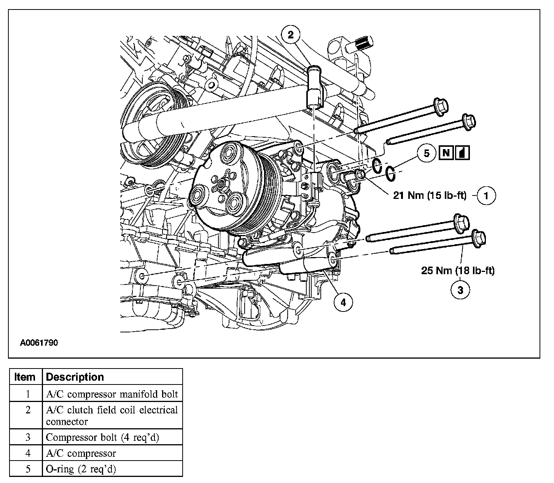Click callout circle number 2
[291, 35]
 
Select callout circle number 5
[427, 153]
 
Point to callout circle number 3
[460, 290]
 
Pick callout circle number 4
[343, 302]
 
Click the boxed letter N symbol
[447, 153]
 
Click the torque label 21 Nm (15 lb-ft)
[430, 195]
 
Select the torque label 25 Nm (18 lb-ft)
[458, 271]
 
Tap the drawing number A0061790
[39, 343]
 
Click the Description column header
[75, 377]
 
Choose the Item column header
[25, 377]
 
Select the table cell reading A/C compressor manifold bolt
[112, 394]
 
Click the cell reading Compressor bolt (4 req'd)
[102, 437]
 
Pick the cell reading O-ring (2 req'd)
[81, 469]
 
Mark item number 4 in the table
[27, 453]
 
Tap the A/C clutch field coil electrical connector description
[112, 416]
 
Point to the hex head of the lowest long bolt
[479, 238]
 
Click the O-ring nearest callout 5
[390, 173]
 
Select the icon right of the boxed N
[463, 153]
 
